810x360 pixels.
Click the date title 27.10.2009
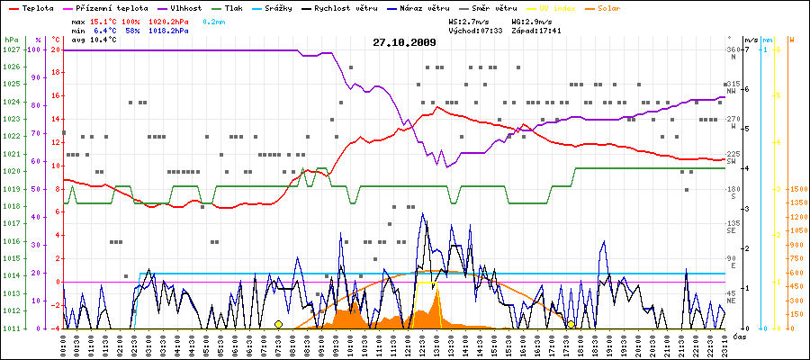[404, 42]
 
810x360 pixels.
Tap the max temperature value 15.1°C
[103, 21]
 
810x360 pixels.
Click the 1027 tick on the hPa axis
[12, 50]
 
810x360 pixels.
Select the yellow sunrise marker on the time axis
[279, 324]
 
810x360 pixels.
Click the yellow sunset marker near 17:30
[571, 324]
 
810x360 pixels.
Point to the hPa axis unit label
[11, 40]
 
